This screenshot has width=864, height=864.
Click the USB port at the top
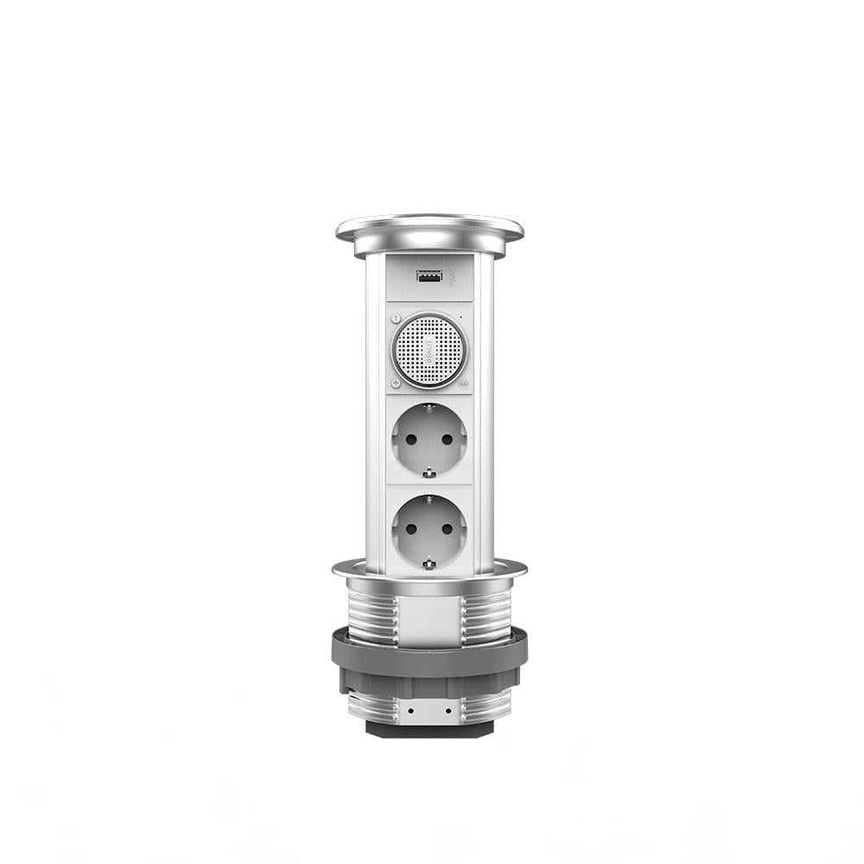coord(428,276)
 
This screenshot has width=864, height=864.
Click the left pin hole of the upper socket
coord(411,439)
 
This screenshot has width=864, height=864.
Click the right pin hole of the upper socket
coord(447,439)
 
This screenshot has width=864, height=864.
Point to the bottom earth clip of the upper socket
coord(429,473)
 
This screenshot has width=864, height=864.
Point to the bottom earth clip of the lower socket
coord(429,564)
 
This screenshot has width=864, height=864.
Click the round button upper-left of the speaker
coord(396,318)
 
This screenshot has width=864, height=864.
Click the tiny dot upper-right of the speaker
coord(461,318)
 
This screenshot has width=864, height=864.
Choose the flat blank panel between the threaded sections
coord(429,617)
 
